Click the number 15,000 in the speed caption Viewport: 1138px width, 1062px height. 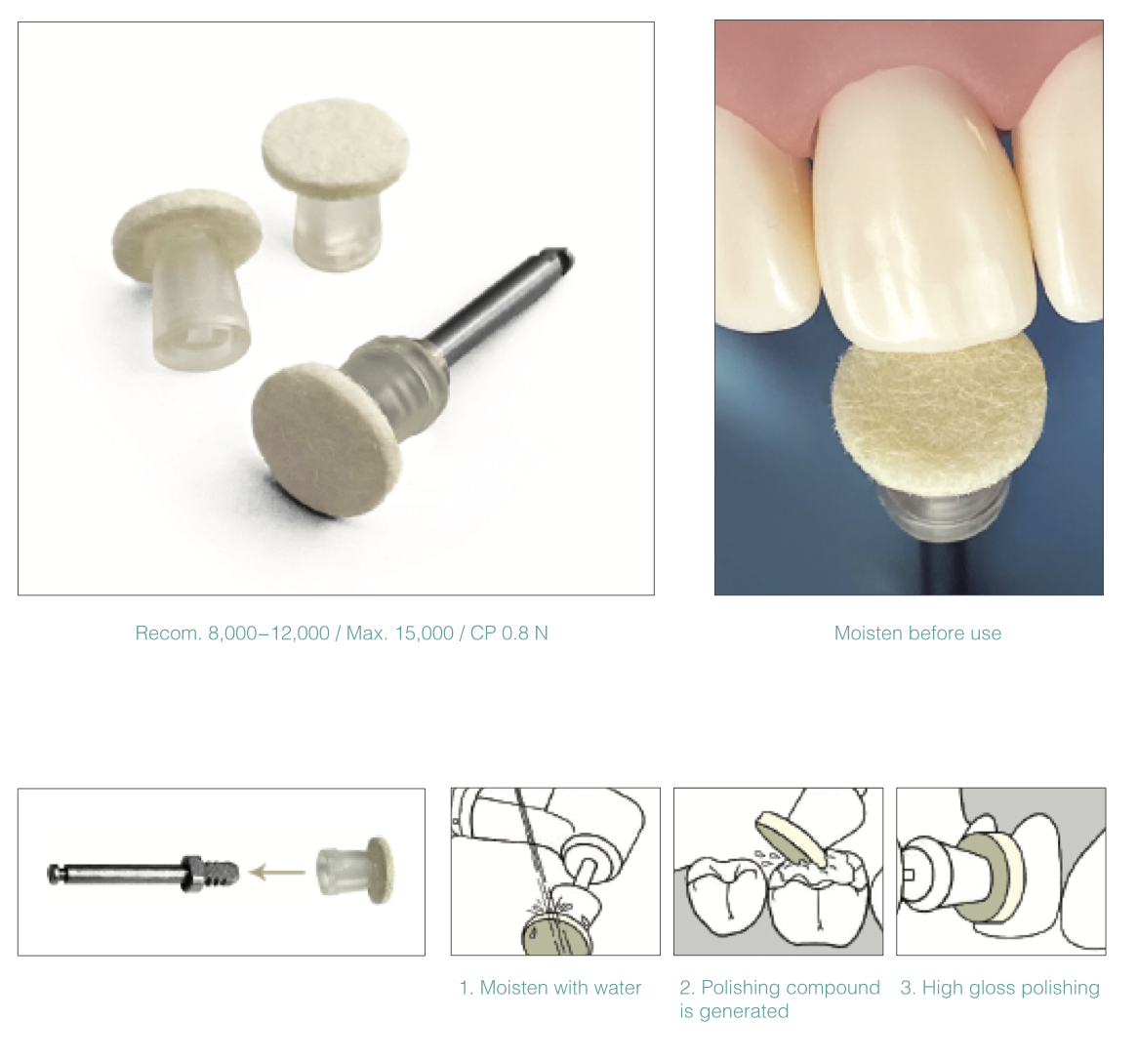424,633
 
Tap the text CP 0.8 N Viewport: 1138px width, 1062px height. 508,633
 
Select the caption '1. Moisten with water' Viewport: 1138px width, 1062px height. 550,988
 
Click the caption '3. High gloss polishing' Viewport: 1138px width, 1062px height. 1000,988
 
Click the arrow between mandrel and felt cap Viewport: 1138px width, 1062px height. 276,871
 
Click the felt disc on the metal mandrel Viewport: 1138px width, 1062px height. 325,440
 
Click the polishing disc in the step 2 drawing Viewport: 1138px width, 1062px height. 792,839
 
